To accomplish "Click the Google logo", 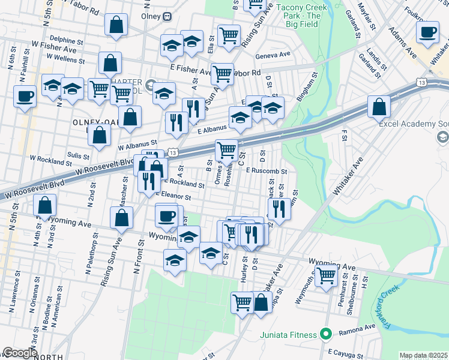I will click(19, 353).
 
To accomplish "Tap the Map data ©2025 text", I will click(423, 355).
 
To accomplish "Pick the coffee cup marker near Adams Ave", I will click(428, 32).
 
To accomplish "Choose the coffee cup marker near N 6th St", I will click(25, 96).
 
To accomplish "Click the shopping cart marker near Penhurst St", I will click(326, 277).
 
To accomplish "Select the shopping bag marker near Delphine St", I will click(116, 25).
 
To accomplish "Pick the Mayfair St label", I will click(367, 18).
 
